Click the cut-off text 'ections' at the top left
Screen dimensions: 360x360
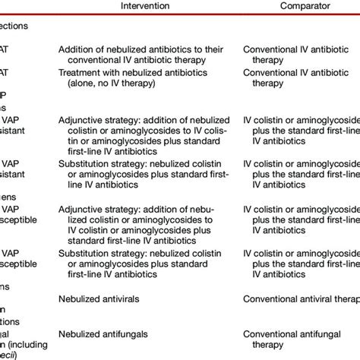click(x=15, y=24)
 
